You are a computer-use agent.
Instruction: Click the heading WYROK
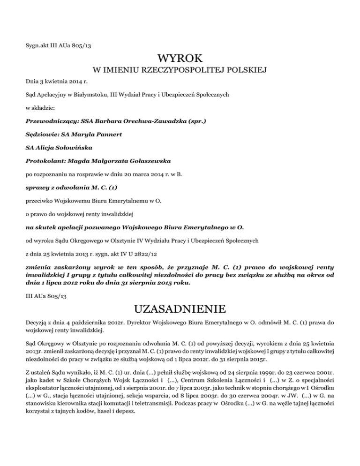coord(180,59)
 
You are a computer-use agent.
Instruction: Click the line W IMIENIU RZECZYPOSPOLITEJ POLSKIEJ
coord(180,71)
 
